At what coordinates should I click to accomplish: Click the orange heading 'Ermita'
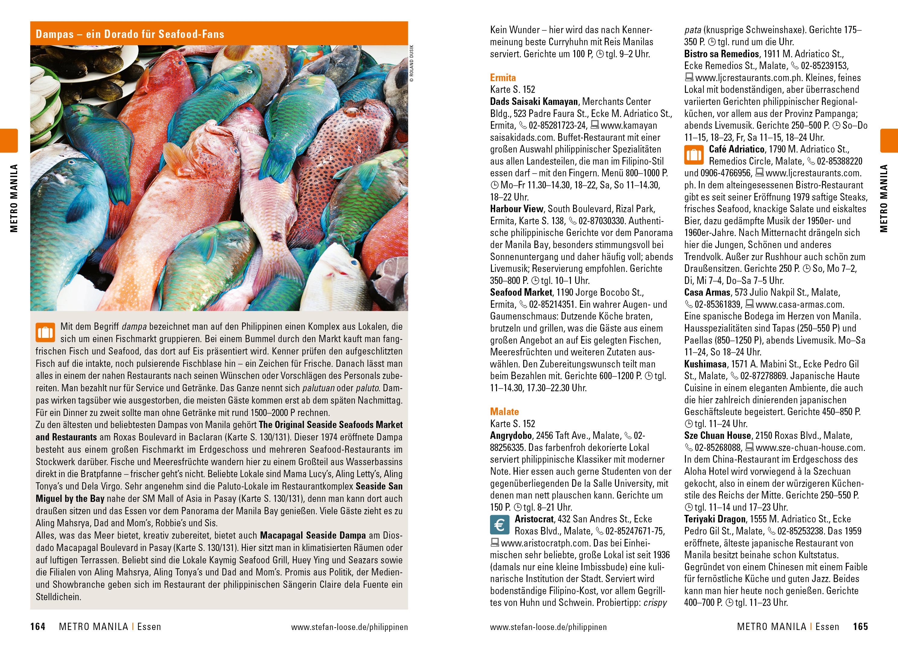[x=503, y=78]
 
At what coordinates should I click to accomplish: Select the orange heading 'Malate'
[x=504, y=411]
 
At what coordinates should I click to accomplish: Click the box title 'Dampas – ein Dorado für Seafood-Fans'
[x=130, y=34]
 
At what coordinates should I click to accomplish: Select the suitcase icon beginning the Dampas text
[x=45, y=332]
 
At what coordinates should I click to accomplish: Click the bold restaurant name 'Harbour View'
[x=516, y=209]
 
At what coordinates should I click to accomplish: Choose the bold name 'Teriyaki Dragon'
[x=714, y=519]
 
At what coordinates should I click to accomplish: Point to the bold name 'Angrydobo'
[x=511, y=436]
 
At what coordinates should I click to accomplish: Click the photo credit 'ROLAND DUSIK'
[x=412, y=63]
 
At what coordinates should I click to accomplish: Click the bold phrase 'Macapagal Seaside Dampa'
[x=313, y=536]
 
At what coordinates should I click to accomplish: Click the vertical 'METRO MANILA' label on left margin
[x=14, y=198]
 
